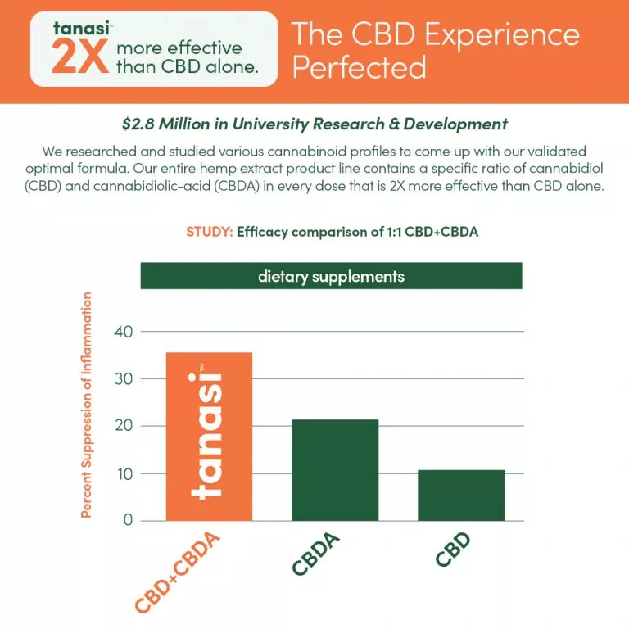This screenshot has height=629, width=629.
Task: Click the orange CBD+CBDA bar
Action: (209, 437)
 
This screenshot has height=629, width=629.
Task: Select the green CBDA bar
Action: (335, 470)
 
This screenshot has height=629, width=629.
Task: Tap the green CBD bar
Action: (461, 496)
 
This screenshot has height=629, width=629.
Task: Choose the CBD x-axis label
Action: (453, 549)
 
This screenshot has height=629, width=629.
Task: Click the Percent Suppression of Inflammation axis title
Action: (86, 405)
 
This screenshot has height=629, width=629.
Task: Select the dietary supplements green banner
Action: (331, 276)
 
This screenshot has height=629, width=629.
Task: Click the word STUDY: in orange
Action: (209, 232)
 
